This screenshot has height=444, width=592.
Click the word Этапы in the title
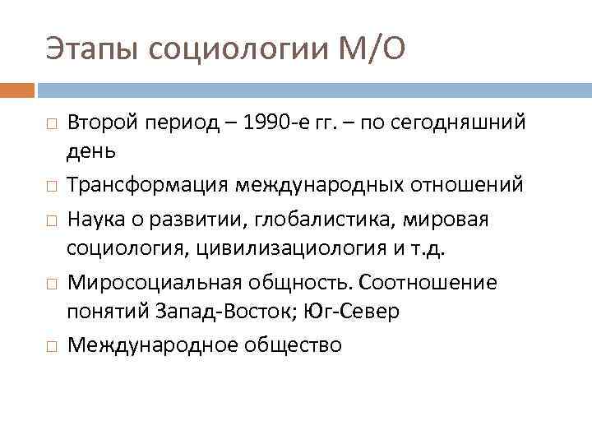coord(91,51)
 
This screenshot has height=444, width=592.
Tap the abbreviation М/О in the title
coord(372,51)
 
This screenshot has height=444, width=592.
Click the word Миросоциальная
coord(154,282)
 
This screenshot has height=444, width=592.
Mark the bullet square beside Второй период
coord(51,124)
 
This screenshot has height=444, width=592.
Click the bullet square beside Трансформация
coord(51,187)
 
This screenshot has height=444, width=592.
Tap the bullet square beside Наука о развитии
coord(51,220)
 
